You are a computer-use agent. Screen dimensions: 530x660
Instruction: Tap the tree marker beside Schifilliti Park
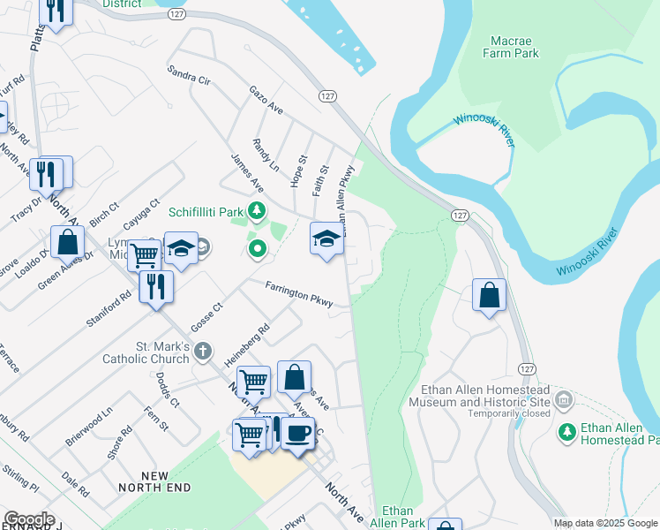[x=257, y=210]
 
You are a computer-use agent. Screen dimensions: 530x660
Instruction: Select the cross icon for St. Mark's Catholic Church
[x=203, y=352]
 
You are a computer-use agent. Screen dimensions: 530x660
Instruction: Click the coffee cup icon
[x=298, y=433]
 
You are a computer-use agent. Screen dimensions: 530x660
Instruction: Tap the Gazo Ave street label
[x=266, y=101]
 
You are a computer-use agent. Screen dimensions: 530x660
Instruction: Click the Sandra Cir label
[x=189, y=73]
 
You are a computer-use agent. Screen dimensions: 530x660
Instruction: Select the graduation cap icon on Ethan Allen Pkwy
[x=326, y=238]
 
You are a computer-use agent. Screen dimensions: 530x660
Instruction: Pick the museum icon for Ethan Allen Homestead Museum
[x=564, y=401]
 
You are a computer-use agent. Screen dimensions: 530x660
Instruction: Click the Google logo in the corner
[x=29, y=519]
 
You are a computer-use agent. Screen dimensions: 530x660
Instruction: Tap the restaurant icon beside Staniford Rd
[x=156, y=286]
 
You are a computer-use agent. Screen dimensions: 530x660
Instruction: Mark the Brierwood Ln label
[x=89, y=426]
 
